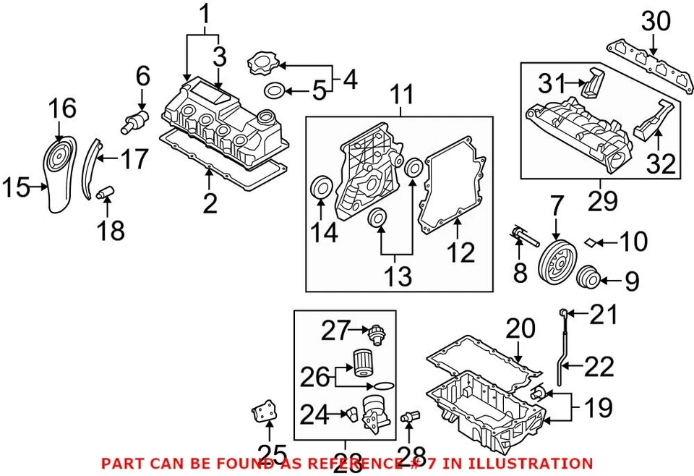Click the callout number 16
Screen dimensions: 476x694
point(62,109)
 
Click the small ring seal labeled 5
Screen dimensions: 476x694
point(275,91)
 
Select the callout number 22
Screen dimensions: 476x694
point(599,367)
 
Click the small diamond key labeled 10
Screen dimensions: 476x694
point(589,241)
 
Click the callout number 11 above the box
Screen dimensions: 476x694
point(401,95)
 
